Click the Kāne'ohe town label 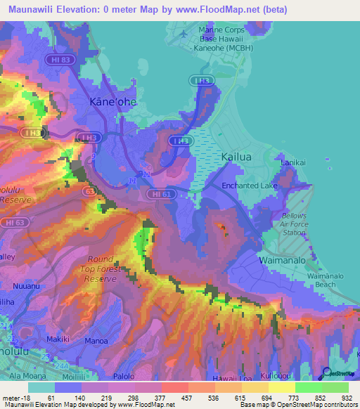[113, 103]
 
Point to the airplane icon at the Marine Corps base [184, 33]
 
